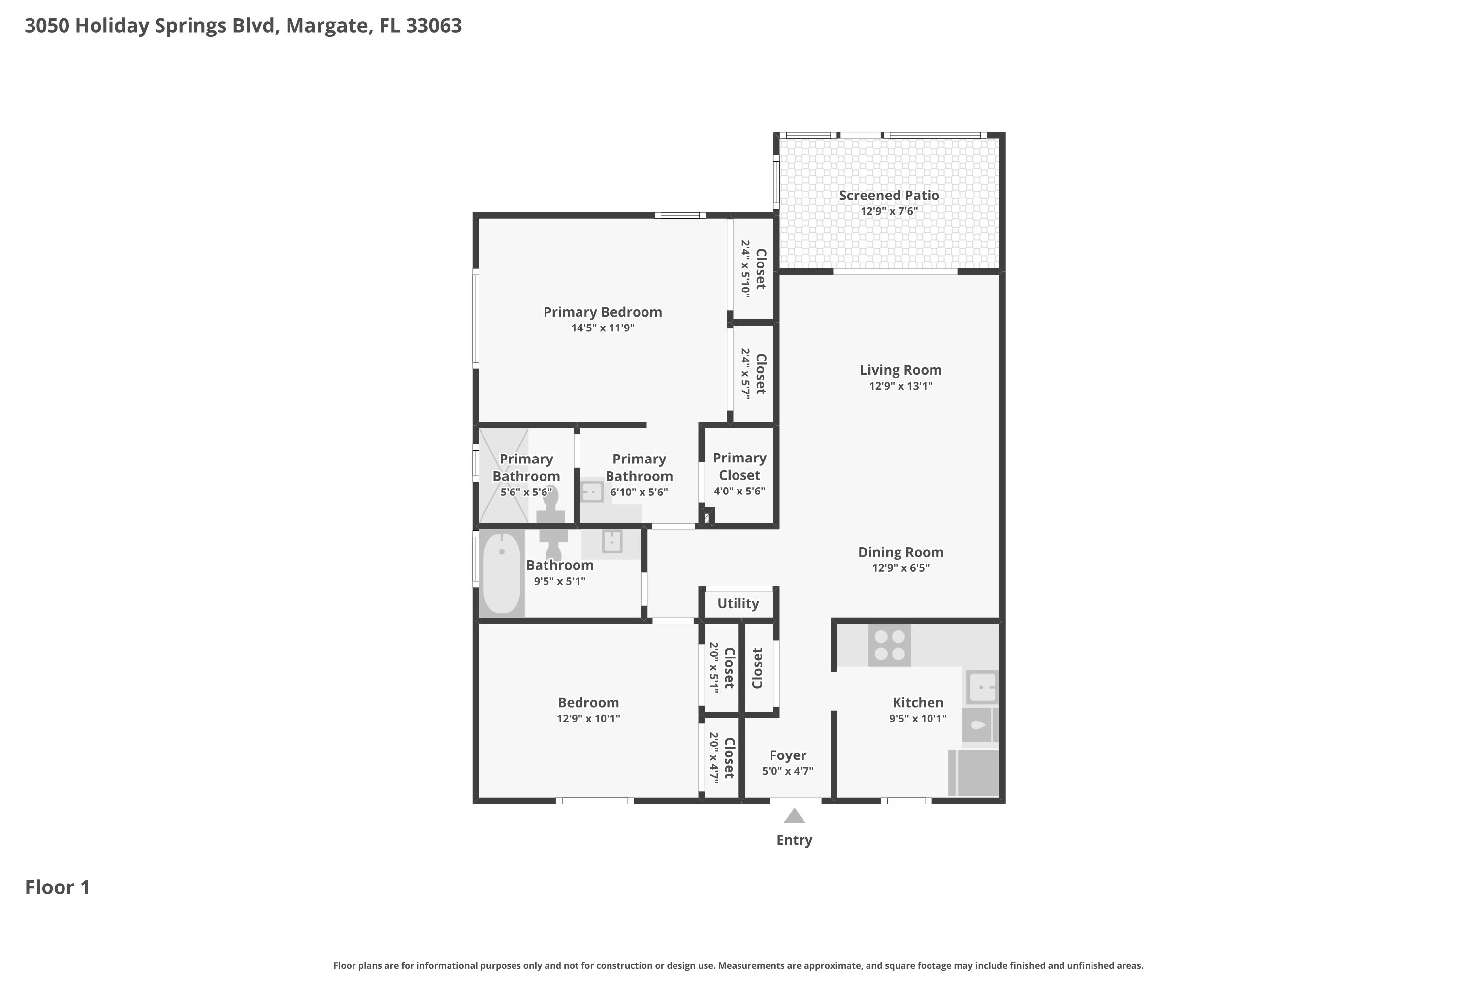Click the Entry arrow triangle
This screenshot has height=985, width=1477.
[x=795, y=816]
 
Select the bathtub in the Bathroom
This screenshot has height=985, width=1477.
[x=502, y=573]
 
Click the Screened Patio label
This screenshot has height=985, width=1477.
[x=889, y=196]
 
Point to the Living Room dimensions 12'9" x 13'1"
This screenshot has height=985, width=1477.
[x=900, y=386]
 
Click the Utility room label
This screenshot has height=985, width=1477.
[x=738, y=604]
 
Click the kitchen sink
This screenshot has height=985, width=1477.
[x=982, y=687]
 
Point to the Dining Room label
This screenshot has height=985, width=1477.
[x=900, y=552]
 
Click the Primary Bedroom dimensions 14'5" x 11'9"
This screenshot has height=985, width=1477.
[x=602, y=328]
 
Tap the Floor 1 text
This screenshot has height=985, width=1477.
[x=57, y=887]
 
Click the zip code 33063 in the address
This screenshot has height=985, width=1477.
[x=433, y=26]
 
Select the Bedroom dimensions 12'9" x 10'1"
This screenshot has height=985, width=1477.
[x=588, y=719]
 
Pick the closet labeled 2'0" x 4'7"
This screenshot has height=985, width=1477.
[x=722, y=758]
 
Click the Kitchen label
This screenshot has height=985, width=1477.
[x=918, y=703]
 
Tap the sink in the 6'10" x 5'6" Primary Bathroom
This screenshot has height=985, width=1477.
[x=592, y=491]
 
